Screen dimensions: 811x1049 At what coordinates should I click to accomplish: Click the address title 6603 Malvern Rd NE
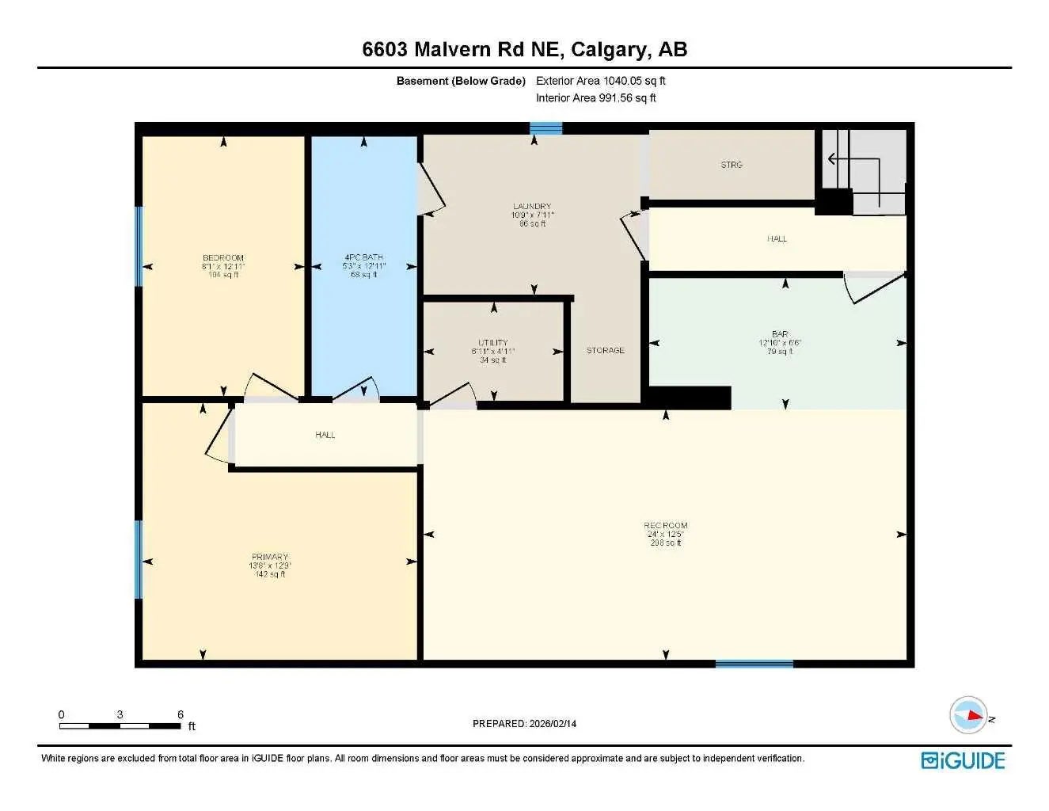(524, 49)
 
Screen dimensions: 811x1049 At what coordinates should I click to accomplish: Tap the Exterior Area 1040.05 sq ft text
(600, 81)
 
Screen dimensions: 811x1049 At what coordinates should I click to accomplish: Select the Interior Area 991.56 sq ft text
(595, 98)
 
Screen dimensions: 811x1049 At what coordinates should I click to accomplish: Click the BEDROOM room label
(223, 258)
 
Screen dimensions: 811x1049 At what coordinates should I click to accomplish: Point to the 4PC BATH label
(363, 257)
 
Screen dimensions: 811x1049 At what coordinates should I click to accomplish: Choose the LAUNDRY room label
(531, 207)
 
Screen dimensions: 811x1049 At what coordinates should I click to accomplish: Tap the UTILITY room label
(492, 343)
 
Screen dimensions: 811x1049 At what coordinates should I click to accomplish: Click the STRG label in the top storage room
(732, 165)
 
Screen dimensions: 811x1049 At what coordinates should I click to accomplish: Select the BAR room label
(780, 335)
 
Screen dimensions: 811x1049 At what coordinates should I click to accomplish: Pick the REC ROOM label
(665, 526)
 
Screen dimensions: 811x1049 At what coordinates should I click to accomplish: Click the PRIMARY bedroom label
(270, 557)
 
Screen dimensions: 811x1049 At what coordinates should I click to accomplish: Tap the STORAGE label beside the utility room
(605, 350)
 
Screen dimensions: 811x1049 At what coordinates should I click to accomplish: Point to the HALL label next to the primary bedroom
(325, 435)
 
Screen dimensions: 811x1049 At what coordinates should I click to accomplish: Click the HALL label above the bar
(777, 238)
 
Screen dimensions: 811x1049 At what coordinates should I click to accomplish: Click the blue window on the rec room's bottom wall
(754, 664)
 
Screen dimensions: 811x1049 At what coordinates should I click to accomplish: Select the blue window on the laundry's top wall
(545, 128)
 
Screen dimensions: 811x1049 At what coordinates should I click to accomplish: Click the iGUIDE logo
(963, 761)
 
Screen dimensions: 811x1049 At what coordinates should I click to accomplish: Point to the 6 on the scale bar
(181, 714)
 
